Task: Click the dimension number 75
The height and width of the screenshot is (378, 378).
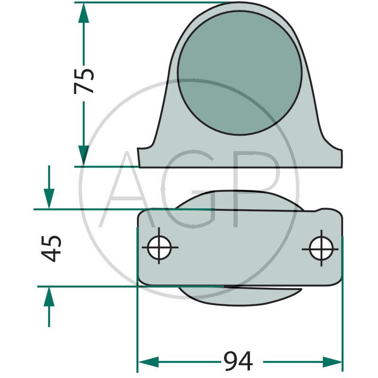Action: (84, 81)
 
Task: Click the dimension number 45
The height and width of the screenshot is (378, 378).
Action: (51, 249)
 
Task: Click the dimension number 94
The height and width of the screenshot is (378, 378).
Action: (238, 361)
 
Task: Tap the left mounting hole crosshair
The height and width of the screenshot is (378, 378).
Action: (160, 247)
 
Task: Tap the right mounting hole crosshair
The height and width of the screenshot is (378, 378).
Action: (321, 249)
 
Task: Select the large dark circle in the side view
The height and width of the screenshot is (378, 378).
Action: (240, 72)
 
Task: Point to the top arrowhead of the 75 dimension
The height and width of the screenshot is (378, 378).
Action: (84, 13)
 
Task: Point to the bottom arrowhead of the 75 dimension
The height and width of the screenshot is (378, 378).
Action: (84, 155)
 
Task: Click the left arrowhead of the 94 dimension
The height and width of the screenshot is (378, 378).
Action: (148, 362)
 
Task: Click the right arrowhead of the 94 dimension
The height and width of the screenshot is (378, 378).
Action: (332, 362)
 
